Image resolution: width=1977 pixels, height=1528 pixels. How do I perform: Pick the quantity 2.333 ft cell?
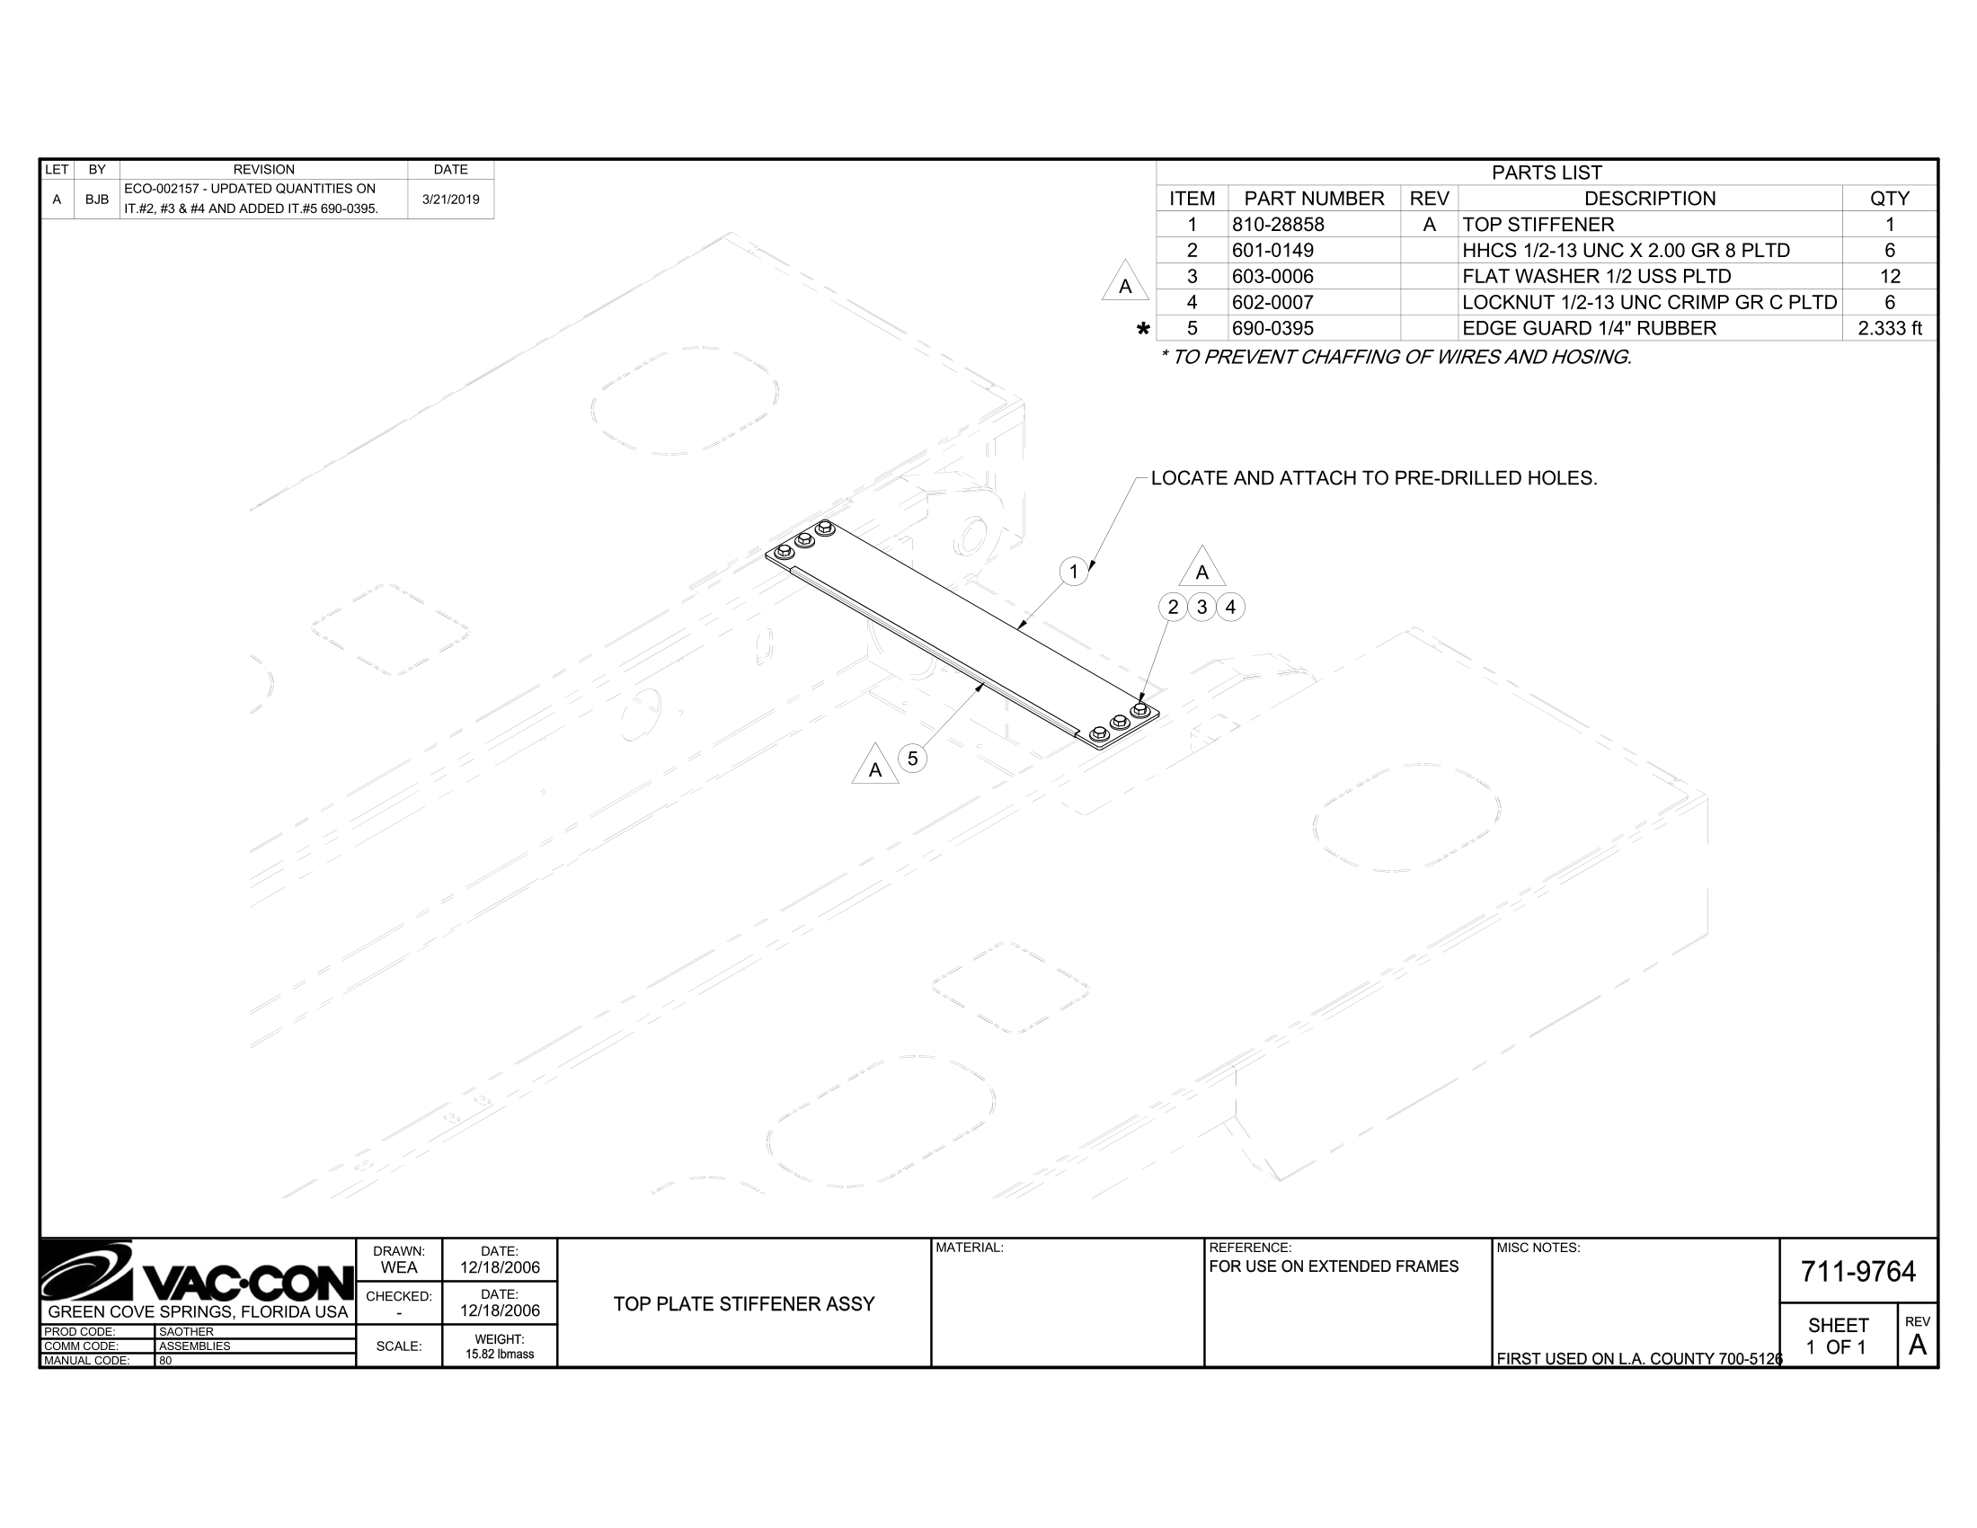point(1889,329)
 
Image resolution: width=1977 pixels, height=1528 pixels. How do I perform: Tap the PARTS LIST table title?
point(1547,173)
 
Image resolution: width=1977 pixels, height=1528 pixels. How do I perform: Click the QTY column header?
point(1889,199)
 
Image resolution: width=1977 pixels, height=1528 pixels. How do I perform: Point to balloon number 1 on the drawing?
point(1074,571)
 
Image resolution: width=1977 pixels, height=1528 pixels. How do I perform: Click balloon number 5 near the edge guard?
point(912,759)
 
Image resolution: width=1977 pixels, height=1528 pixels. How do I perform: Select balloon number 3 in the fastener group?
point(1201,607)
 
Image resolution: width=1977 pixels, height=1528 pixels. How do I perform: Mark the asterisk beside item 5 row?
point(1143,330)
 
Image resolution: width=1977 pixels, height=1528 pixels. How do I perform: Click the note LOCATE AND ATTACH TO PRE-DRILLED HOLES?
point(1373,478)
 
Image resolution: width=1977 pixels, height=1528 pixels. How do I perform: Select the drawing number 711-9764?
point(1857,1272)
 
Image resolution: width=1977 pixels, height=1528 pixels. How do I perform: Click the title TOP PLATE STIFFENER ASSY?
point(744,1303)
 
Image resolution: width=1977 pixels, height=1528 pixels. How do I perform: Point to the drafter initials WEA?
point(398,1267)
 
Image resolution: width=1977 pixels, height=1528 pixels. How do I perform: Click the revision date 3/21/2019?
point(451,200)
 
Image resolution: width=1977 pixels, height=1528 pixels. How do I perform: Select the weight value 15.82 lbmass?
point(500,1355)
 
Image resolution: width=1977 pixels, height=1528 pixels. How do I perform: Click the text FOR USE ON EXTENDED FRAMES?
point(1334,1266)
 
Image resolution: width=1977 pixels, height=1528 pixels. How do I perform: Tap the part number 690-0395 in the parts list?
point(1272,329)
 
